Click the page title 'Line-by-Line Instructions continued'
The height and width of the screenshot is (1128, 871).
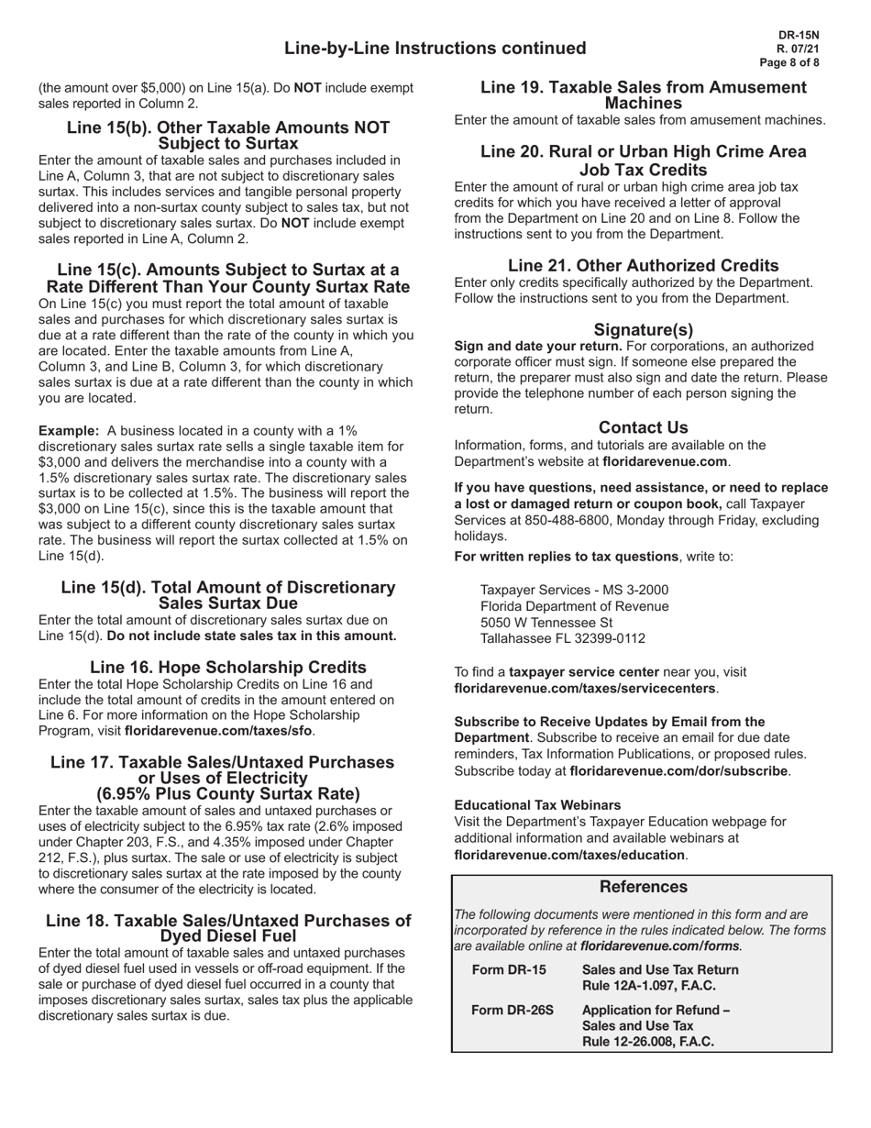click(x=435, y=49)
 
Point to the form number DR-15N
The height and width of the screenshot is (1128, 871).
click(x=798, y=34)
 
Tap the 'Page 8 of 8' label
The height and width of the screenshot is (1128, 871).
click(x=789, y=63)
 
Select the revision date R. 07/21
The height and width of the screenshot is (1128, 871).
click(x=798, y=49)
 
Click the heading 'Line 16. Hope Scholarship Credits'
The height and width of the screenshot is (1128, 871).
click(x=228, y=667)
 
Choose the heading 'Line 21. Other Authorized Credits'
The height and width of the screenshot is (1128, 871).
click(x=644, y=265)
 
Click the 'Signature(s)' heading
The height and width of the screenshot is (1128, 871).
click(x=644, y=329)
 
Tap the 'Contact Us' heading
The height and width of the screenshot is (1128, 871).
click(x=644, y=427)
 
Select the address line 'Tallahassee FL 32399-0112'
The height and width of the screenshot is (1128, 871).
click(x=563, y=638)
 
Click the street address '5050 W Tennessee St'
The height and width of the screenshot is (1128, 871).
click(x=546, y=623)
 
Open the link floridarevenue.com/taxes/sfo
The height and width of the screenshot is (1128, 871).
click(x=218, y=731)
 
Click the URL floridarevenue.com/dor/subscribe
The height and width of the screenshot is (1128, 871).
click(x=678, y=771)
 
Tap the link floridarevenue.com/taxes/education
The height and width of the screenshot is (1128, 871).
click(x=569, y=855)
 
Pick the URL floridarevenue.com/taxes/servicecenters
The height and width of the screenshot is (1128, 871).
click(x=585, y=688)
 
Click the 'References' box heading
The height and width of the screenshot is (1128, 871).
click(x=643, y=887)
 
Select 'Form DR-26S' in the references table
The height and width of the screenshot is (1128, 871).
click(x=513, y=1011)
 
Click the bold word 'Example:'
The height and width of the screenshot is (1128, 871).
click(x=69, y=430)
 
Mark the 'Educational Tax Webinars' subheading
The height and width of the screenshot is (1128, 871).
click(x=537, y=805)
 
